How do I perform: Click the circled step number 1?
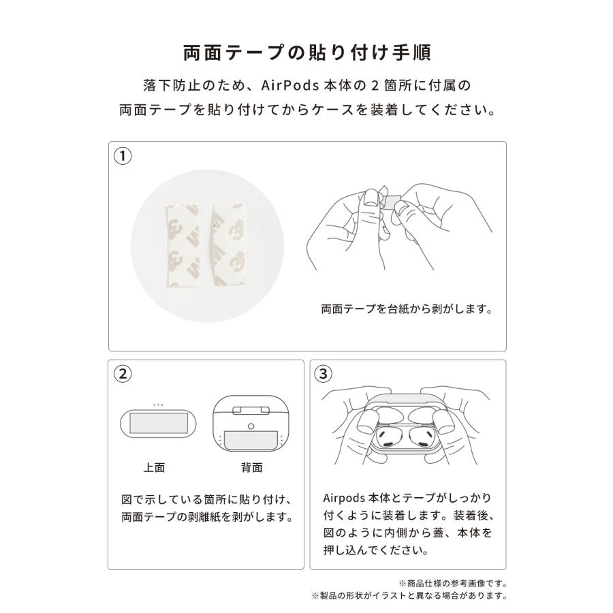[123, 155]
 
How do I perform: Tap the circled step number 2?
[123, 373]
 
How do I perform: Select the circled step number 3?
[324, 373]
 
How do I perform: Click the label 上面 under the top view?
[154, 467]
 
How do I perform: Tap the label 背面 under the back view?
[251, 467]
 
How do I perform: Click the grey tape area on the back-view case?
[251, 439]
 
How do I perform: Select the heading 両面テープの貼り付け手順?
[306, 52]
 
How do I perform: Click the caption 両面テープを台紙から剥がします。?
[407, 309]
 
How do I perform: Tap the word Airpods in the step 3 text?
[345, 498]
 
